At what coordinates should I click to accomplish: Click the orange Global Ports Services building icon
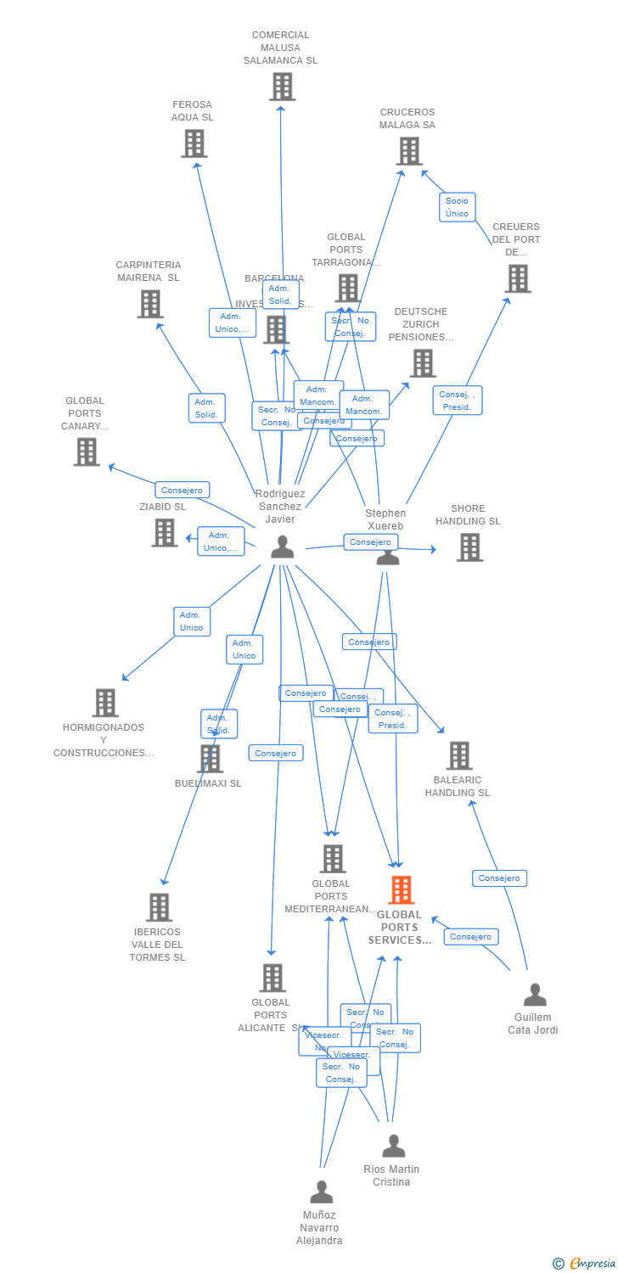click(402, 890)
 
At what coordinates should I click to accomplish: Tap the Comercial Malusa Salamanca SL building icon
click(282, 87)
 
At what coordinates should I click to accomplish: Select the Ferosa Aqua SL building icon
click(194, 143)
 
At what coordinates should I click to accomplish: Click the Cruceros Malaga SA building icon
click(409, 151)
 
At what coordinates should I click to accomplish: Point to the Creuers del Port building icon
click(518, 278)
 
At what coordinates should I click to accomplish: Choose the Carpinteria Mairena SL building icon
click(150, 304)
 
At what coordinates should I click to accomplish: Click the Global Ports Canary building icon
click(87, 451)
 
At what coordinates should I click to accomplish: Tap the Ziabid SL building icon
click(165, 533)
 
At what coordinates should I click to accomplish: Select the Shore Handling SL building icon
click(469, 547)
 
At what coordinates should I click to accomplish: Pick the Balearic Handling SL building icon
click(459, 755)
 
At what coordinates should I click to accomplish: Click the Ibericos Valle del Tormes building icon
click(159, 907)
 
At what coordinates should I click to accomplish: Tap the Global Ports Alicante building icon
click(272, 978)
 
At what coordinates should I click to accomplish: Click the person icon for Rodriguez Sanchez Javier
click(282, 548)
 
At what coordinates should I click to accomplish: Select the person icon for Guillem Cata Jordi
click(535, 995)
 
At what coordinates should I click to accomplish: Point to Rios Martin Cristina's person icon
click(393, 1147)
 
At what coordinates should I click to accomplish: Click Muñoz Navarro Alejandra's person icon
click(321, 1192)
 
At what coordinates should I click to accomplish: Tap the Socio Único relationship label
click(457, 207)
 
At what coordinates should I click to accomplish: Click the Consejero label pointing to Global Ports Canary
click(182, 490)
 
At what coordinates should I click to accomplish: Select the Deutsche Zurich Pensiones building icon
click(422, 363)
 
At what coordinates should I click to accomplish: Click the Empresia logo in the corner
click(586, 1264)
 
